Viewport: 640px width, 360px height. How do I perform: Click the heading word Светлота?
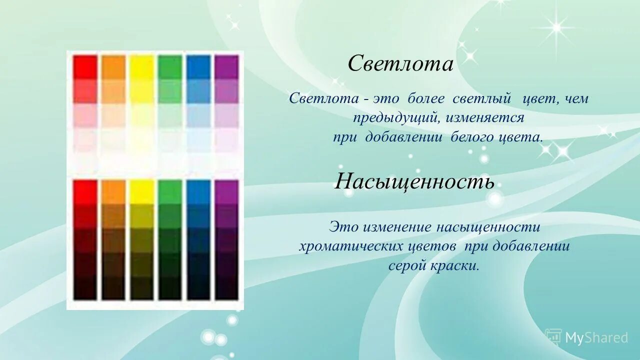pyautogui.click(x=400, y=64)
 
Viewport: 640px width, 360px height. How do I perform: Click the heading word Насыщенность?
pyautogui.click(x=414, y=181)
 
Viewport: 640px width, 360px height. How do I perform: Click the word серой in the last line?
pyautogui.click(x=407, y=265)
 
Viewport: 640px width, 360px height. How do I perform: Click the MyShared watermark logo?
pyautogui.click(x=586, y=337)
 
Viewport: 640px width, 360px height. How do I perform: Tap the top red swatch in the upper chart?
pyautogui.click(x=85, y=67)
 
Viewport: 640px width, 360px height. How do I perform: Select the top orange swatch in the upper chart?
pyautogui.click(x=113, y=67)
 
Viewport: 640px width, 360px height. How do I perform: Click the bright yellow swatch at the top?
pyautogui.click(x=142, y=67)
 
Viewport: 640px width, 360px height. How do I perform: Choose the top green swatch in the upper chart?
pyautogui.click(x=170, y=67)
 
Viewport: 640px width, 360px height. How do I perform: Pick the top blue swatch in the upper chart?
pyautogui.click(x=198, y=67)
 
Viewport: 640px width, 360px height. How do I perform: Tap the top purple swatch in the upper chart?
pyautogui.click(x=226, y=67)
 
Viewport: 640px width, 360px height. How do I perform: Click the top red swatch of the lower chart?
pyautogui.click(x=85, y=192)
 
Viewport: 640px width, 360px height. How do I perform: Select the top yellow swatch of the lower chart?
pyautogui.click(x=142, y=192)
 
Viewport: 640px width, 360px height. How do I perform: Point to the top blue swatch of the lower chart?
pyautogui.click(x=198, y=192)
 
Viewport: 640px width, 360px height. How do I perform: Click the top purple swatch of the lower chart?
pyautogui.click(x=226, y=192)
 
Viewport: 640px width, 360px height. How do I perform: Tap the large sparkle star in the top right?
pyautogui.click(x=555, y=27)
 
